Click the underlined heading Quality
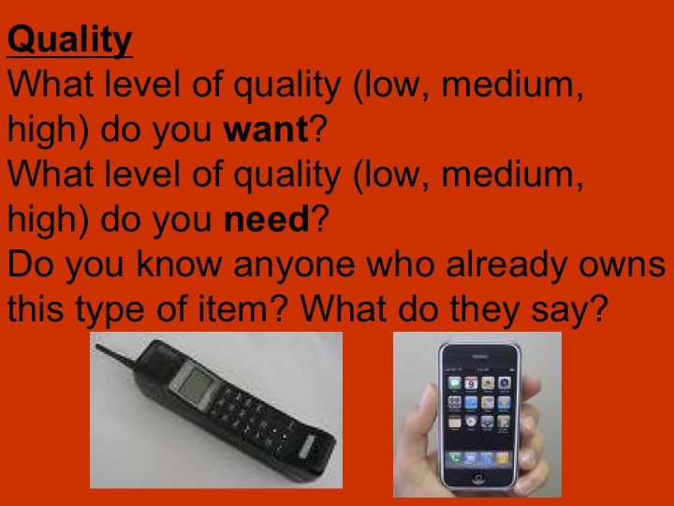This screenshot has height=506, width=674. coord(70,41)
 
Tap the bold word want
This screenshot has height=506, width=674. coord(265,130)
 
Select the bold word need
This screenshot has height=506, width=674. coord(267,220)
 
